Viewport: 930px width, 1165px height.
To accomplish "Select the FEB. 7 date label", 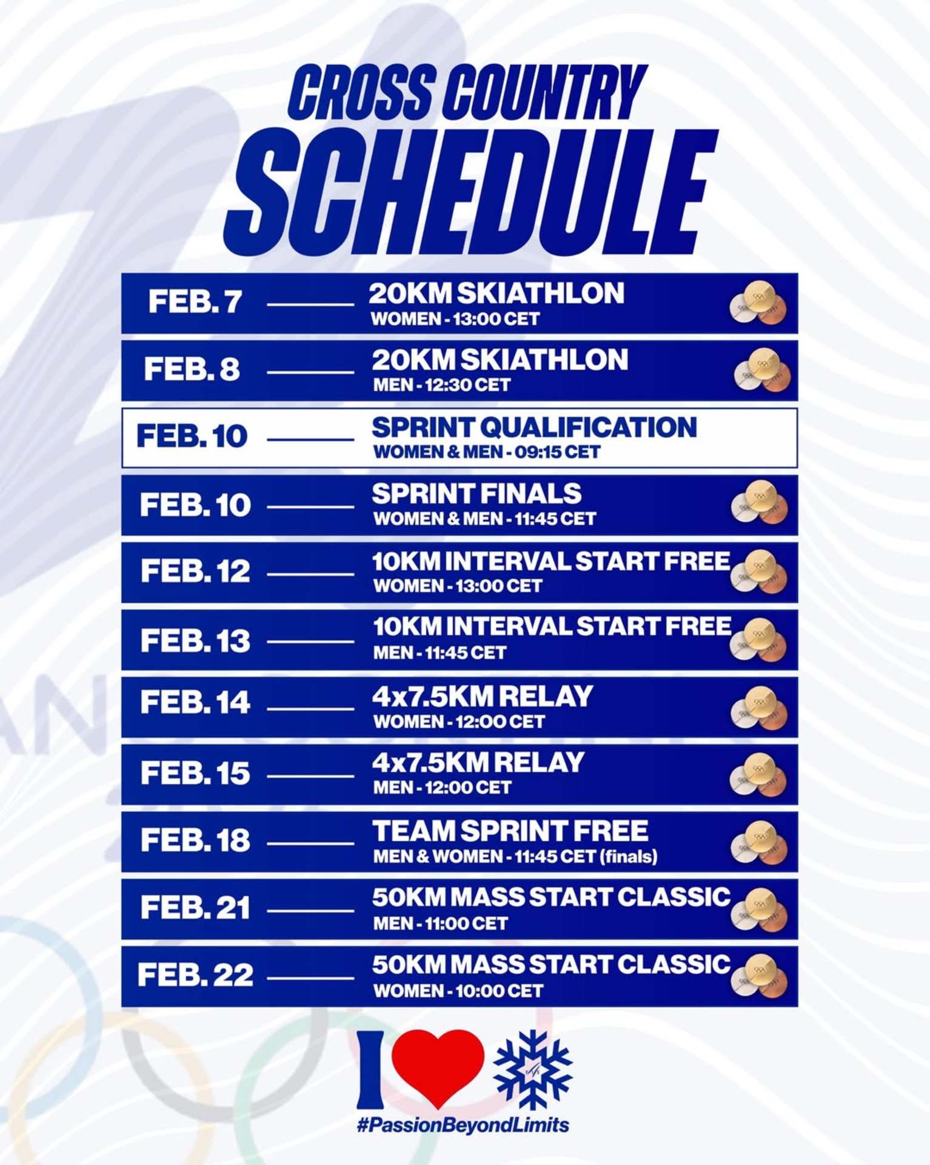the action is tap(195, 302).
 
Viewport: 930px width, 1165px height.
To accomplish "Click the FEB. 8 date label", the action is tap(192, 369).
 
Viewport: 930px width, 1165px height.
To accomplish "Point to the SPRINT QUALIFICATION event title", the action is tap(534, 427).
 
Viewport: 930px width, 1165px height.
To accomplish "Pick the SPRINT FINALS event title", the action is tap(477, 494).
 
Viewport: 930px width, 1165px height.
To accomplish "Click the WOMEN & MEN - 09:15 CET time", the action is tap(487, 452).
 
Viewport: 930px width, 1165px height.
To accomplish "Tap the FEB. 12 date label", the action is tap(195, 571).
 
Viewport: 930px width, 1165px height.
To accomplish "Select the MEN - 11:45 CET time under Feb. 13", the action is tap(440, 653).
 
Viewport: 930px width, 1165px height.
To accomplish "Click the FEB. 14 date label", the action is tap(195, 702).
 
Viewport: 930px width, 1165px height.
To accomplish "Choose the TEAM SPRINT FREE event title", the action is tap(510, 831).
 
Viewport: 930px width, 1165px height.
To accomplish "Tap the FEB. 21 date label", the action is tap(195, 908).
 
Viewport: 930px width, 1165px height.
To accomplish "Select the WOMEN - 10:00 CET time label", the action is tap(458, 991).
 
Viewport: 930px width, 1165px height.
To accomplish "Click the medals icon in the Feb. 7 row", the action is tap(758, 303).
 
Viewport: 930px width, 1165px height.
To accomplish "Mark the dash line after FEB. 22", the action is tap(310, 978).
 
